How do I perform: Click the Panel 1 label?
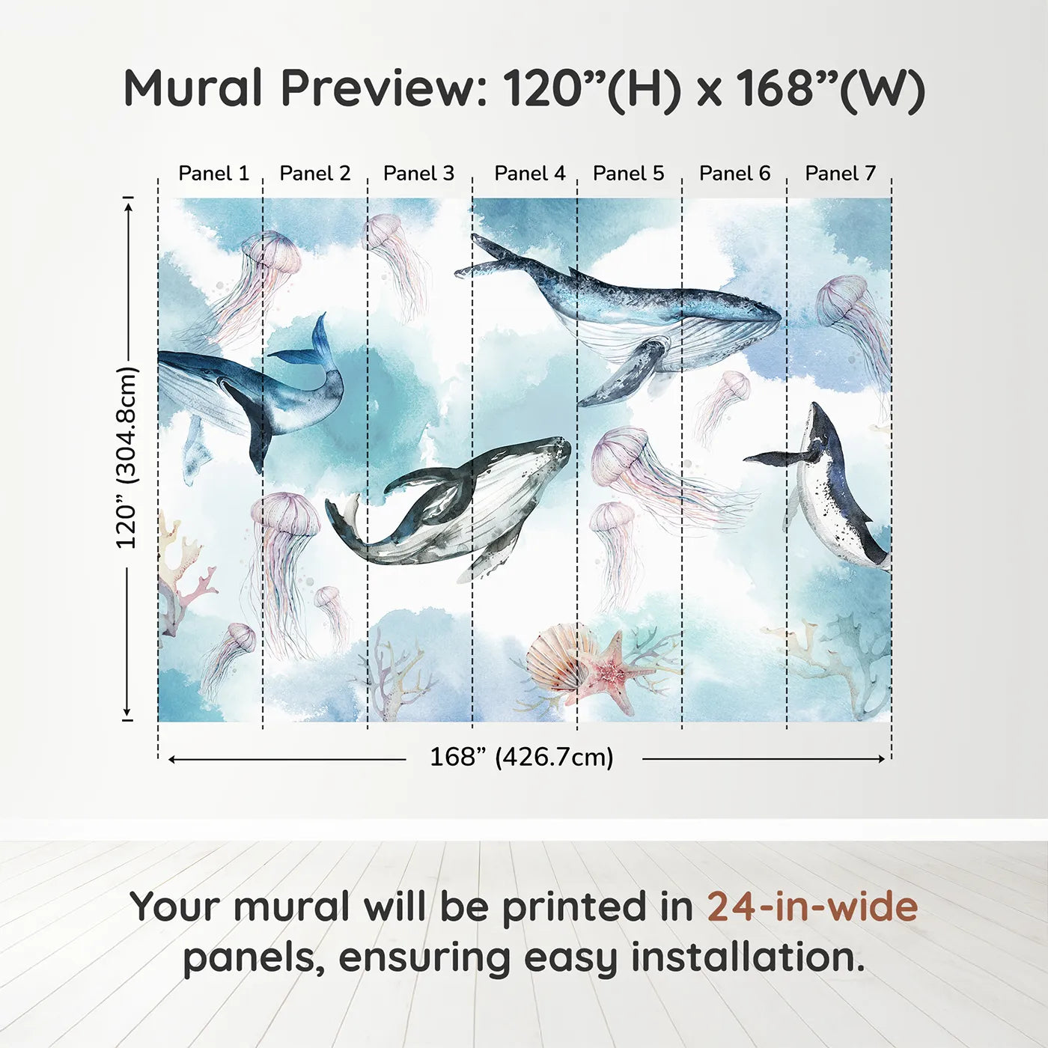[x=213, y=174]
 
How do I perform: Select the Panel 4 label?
[x=530, y=174]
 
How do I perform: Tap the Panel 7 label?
[x=840, y=174]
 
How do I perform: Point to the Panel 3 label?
[x=418, y=174]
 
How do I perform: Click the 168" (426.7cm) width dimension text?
[x=521, y=758]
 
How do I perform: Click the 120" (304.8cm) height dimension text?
[x=127, y=458]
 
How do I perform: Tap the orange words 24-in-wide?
[x=812, y=907]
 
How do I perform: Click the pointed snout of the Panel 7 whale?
[x=816, y=409]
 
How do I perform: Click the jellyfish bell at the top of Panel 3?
[x=383, y=230]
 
